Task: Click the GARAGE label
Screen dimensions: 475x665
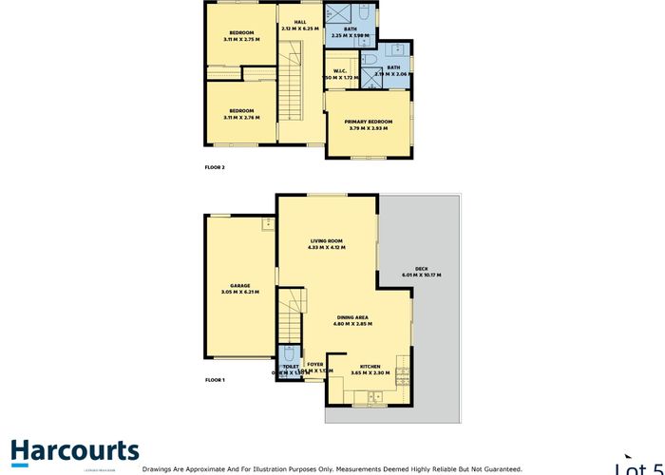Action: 239,285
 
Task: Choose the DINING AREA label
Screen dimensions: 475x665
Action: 352,317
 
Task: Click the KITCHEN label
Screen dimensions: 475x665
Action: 370,364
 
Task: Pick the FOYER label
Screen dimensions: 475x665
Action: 314,364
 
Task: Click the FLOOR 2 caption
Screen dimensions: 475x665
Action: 215,167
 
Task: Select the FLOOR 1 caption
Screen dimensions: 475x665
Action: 215,380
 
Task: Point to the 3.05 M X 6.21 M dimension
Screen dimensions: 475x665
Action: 239,293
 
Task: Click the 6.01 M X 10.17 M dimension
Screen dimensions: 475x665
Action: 420,275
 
